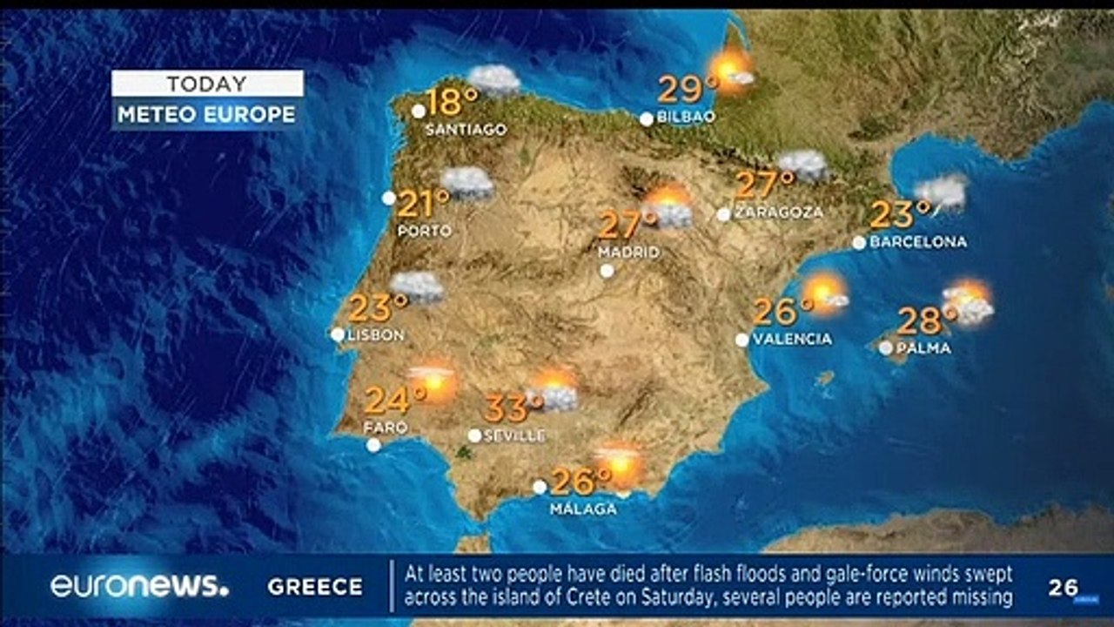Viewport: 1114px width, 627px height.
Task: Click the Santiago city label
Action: [x=466, y=130]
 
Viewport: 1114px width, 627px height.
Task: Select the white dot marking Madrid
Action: [x=607, y=271]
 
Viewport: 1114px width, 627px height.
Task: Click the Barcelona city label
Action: [x=918, y=242]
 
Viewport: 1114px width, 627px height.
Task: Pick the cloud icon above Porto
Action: [x=467, y=183]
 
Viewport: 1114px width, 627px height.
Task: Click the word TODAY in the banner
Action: [x=207, y=84]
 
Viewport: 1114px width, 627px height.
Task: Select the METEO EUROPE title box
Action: [x=207, y=114]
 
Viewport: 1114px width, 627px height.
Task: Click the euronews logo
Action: [x=139, y=586]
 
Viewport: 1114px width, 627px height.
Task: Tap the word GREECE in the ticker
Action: [x=315, y=587]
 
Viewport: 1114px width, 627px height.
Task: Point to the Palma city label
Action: [x=923, y=348]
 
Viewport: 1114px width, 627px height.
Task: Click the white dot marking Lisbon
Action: [x=338, y=334]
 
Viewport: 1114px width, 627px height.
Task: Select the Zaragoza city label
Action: [x=779, y=212]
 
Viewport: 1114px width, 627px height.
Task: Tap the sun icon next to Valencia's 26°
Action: [x=823, y=293]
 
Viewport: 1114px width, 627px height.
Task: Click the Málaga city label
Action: [x=583, y=509]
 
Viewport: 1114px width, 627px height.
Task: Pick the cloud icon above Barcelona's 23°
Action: [x=941, y=191]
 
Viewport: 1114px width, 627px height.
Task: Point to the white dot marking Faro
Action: [x=373, y=445]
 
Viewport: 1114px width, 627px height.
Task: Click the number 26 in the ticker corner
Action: [x=1064, y=588]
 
